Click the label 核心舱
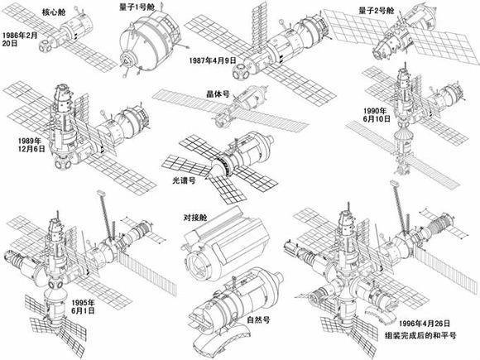40,14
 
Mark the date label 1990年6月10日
375,116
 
